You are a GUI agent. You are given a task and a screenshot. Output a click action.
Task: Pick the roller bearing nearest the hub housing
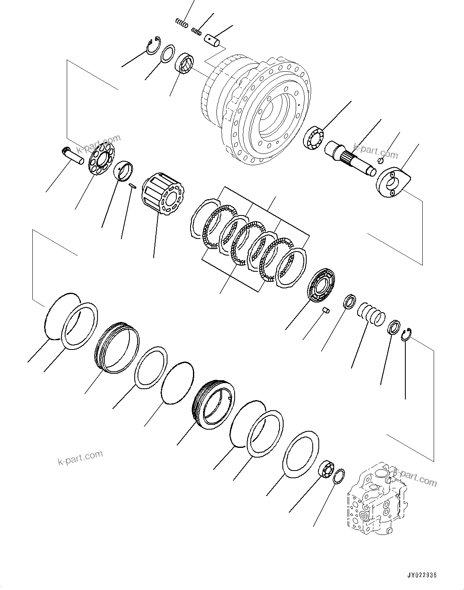[184, 64]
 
